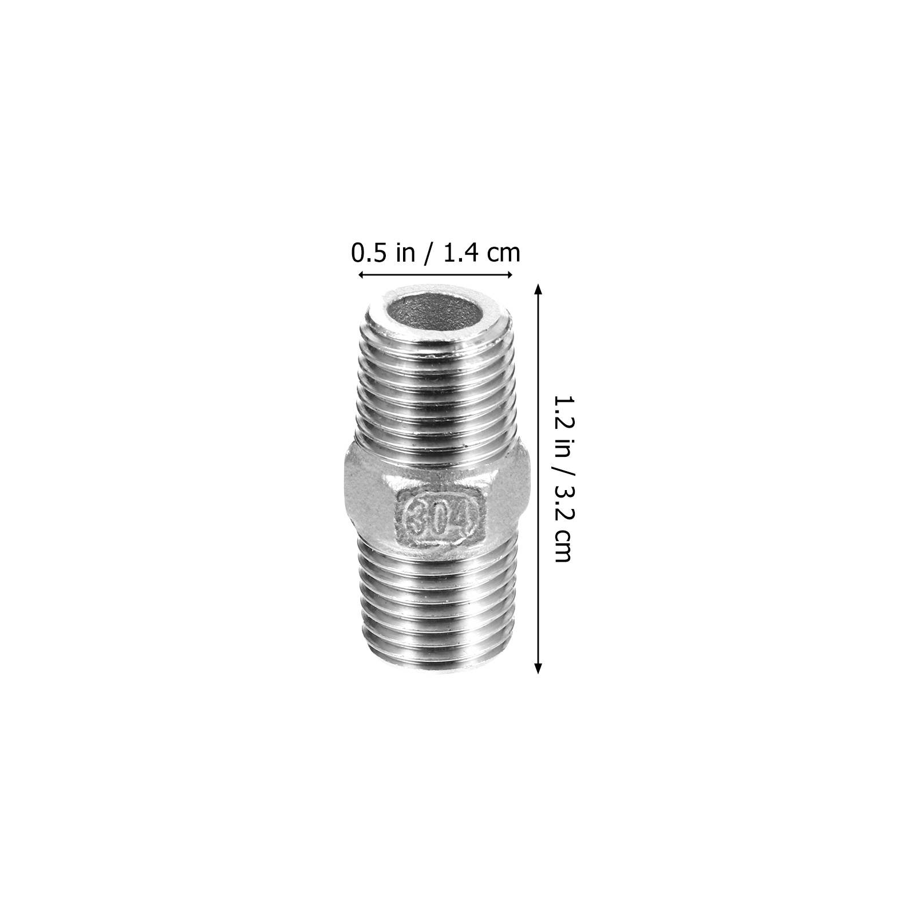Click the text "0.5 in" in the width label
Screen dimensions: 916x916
click(x=383, y=252)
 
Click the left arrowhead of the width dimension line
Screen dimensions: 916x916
click(x=363, y=275)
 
